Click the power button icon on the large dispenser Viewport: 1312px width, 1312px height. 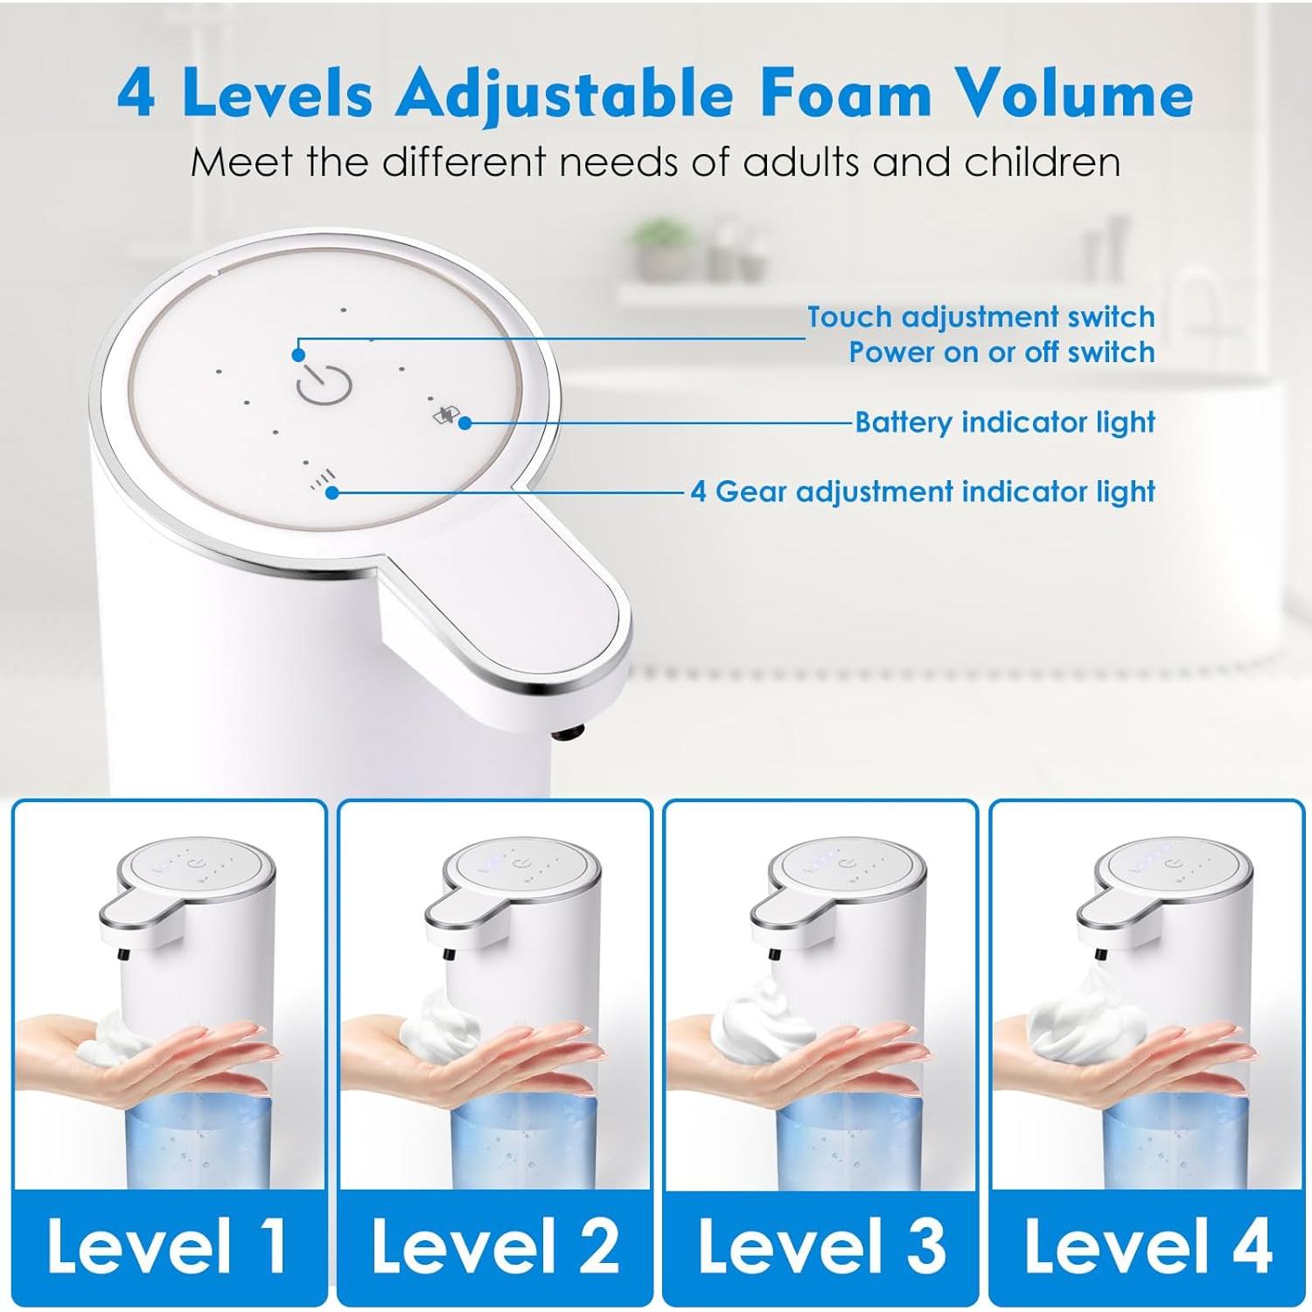click(324, 384)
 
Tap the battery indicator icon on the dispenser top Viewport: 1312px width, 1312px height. click(445, 415)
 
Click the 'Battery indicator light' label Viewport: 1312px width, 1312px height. click(1005, 422)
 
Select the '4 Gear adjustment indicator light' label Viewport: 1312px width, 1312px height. click(923, 492)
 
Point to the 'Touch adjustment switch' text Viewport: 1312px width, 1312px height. click(981, 317)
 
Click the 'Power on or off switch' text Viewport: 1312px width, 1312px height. click(1001, 352)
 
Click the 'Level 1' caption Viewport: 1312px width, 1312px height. click(167, 1245)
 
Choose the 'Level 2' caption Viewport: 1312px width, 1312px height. click(495, 1245)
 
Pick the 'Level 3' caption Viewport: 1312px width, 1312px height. click(821, 1245)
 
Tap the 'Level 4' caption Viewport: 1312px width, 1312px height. click(1148, 1245)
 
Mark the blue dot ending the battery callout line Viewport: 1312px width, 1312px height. click(465, 422)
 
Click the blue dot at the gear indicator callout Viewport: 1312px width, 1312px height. click(331, 492)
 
